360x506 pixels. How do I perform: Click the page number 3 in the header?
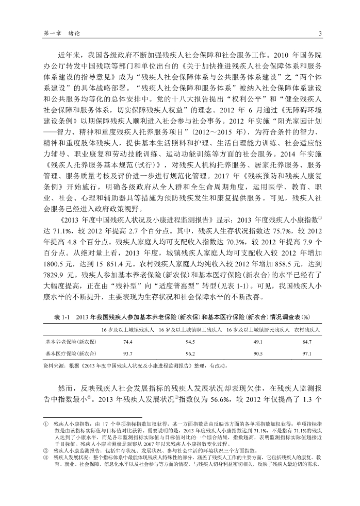pos(320,34)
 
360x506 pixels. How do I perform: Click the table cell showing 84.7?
pos(307,342)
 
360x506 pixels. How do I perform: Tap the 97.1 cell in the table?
pos(307,354)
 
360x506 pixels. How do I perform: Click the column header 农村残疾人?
pos(307,329)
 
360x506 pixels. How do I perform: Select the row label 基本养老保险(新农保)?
pos(71,342)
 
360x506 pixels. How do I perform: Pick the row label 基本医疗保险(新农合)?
pos(71,354)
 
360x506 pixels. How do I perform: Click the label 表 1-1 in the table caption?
pos(62,317)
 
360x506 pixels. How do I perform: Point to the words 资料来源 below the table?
pos(56,366)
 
